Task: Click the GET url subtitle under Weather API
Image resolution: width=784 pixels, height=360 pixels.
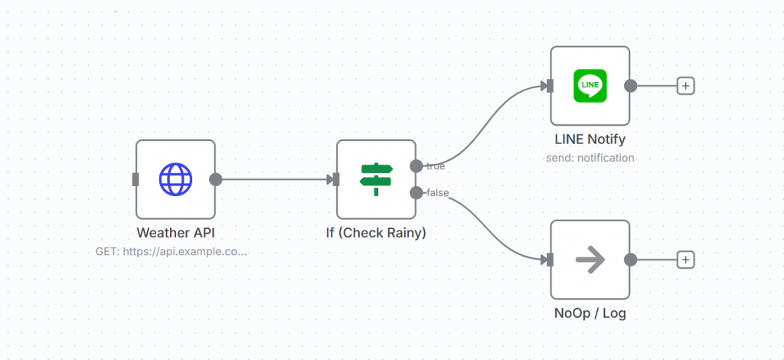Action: click(x=171, y=250)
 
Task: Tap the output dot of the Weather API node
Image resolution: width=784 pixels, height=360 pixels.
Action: click(x=216, y=179)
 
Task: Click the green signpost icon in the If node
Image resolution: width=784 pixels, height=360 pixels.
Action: click(x=376, y=179)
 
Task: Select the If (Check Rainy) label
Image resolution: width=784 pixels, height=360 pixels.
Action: click(x=376, y=232)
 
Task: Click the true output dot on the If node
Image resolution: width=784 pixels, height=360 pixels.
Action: click(x=416, y=165)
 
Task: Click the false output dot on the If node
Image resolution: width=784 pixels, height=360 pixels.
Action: click(x=416, y=192)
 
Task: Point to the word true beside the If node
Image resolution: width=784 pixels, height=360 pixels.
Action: click(x=436, y=165)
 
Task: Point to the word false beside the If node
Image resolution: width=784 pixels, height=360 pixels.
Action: click(x=437, y=192)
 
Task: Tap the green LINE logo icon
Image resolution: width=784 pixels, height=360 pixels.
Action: click(x=590, y=86)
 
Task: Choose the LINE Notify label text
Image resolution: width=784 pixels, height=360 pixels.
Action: click(x=590, y=139)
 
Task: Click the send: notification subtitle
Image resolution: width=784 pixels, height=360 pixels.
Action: click(x=590, y=158)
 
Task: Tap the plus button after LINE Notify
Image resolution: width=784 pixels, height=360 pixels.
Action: click(x=686, y=86)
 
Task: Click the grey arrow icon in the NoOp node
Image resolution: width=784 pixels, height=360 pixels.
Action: click(x=590, y=260)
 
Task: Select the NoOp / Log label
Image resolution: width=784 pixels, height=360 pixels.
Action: click(x=590, y=313)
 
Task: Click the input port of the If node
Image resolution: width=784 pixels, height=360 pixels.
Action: click(x=334, y=179)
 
